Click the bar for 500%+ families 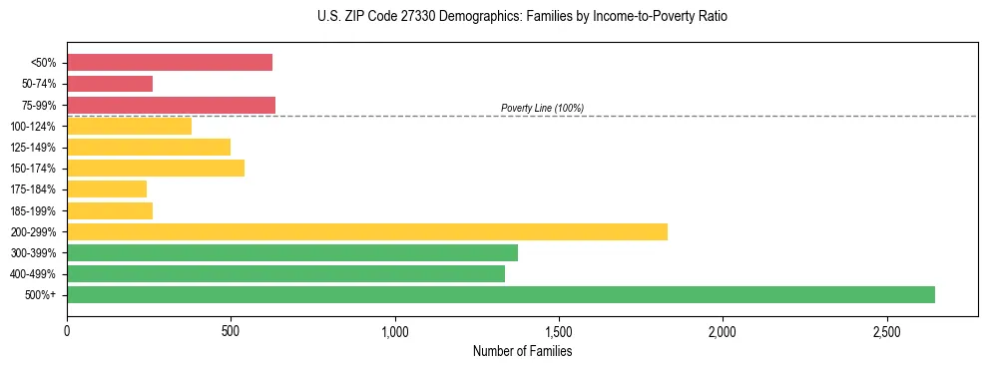pyautogui.click(x=500, y=294)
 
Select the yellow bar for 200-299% pyautogui.click(x=366, y=231)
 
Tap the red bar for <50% pyautogui.click(x=169, y=62)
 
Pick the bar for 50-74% pyautogui.click(x=110, y=84)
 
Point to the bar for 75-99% pyautogui.click(x=171, y=105)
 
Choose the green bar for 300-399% pyautogui.click(x=291, y=252)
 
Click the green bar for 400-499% pyautogui.click(x=285, y=273)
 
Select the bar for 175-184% pyautogui.click(x=107, y=188)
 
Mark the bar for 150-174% pyautogui.click(x=156, y=168)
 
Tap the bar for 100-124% pyautogui.click(x=129, y=126)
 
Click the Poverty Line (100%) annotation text pyautogui.click(x=542, y=108)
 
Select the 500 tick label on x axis pyautogui.click(x=231, y=331)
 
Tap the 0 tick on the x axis pyautogui.click(x=67, y=331)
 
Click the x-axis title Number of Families pyautogui.click(x=522, y=351)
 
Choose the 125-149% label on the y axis pyautogui.click(x=33, y=148)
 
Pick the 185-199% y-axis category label pyautogui.click(x=33, y=210)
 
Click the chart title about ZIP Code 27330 pyautogui.click(x=522, y=17)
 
